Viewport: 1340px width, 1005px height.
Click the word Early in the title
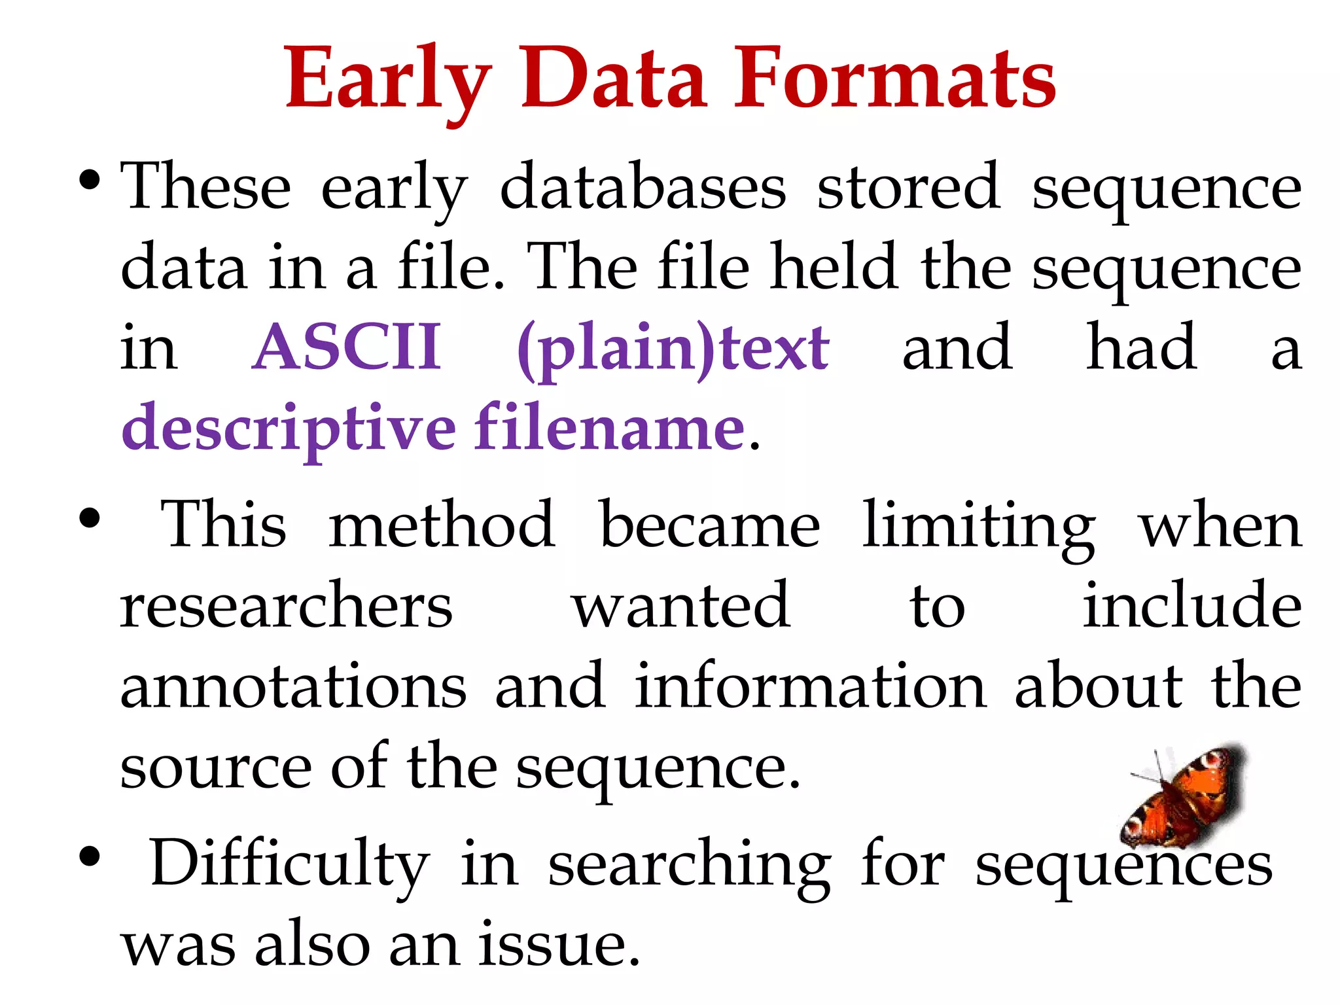pyautogui.click(x=387, y=80)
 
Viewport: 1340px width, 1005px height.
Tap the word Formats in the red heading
pyautogui.click(x=894, y=80)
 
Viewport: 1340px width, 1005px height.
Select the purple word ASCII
pyautogui.click(x=347, y=347)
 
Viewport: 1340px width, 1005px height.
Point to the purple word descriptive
pyautogui.click(x=289, y=429)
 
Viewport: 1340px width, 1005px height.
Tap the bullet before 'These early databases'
pyautogui.click(x=89, y=179)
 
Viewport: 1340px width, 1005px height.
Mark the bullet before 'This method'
pyautogui.click(x=89, y=520)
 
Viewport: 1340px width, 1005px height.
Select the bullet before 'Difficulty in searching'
pyautogui.click(x=89, y=856)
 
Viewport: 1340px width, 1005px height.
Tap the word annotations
pyautogui.click(x=293, y=686)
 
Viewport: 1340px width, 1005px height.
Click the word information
pyautogui.click(x=810, y=686)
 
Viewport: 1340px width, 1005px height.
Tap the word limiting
pyautogui.click(x=979, y=527)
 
